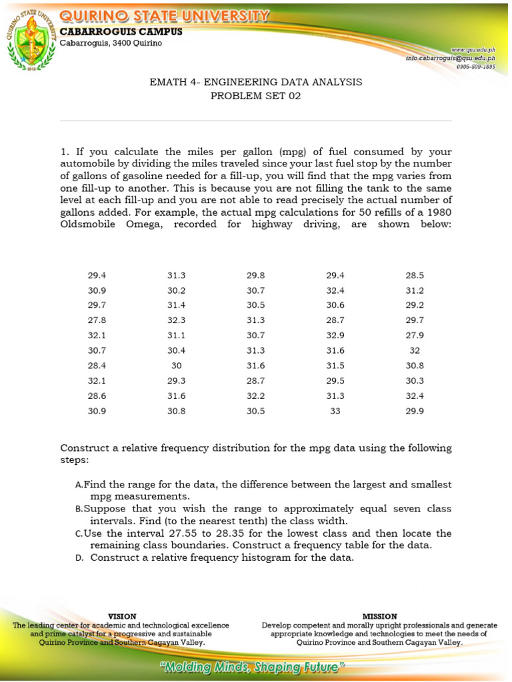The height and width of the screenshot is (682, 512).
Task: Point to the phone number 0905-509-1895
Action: click(475, 67)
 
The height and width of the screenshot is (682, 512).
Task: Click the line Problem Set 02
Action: click(256, 96)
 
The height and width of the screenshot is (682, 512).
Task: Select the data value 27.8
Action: click(97, 320)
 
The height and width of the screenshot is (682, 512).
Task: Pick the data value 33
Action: click(335, 411)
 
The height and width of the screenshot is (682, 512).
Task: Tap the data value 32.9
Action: click(335, 335)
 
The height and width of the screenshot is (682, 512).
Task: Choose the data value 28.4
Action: click(97, 366)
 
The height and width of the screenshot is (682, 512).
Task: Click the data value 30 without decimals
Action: click(177, 366)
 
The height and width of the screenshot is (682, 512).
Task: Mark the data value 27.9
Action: click(415, 335)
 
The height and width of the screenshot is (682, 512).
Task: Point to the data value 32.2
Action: click(256, 396)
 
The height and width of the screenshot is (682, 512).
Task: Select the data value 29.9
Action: click(415, 411)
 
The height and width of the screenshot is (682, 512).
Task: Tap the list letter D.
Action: click(79, 558)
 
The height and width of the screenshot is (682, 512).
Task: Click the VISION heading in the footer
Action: click(122, 617)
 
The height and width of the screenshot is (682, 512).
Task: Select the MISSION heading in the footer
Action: click(379, 617)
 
